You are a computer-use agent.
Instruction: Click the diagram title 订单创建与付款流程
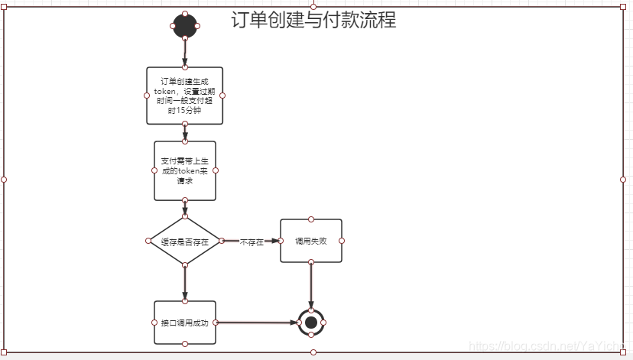coord(313,21)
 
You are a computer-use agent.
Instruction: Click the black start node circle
coord(185,26)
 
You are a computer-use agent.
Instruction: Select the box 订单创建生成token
coord(185,95)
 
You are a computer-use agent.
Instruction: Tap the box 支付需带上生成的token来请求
coord(185,170)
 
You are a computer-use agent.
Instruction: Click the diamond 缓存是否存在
coord(185,241)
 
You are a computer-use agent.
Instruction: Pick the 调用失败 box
coord(310,241)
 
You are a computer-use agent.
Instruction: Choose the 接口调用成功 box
coord(185,323)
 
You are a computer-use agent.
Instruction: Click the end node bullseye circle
coord(310,323)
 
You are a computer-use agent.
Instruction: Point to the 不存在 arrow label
coord(252,242)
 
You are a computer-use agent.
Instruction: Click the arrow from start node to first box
coord(185,52)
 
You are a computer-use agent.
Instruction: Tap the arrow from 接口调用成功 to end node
coord(256,323)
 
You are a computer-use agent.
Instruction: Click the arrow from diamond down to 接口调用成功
coord(185,283)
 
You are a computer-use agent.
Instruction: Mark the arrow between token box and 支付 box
coord(185,132)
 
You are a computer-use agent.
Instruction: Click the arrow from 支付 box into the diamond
coord(185,208)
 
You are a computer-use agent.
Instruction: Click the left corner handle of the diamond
coord(148,241)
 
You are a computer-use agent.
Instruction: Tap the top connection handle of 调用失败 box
coord(310,219)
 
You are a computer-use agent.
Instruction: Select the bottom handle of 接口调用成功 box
coord(185,344)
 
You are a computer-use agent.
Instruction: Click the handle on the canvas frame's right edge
coord(623,180)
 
